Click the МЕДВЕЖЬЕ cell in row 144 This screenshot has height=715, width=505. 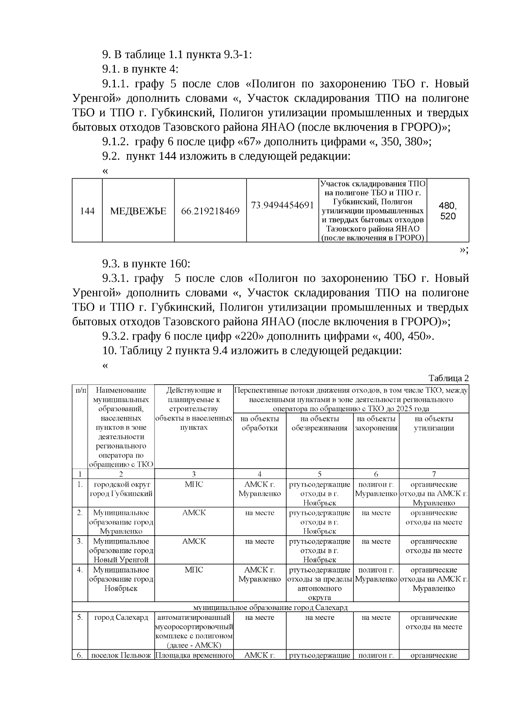[x=138, y=211]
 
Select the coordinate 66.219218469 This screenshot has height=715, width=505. [x=210, y=211]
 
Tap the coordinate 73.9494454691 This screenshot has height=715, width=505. [x=282, y=205]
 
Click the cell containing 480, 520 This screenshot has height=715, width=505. [x=447, y=211]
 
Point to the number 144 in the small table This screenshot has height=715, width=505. [x=87, y=211]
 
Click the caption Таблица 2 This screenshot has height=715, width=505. [x=448, y=378]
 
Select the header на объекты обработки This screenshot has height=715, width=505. [x=260, y=423]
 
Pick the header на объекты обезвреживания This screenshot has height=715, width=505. [x=319, y=423]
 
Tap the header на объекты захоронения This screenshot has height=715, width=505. [x=376, y=423]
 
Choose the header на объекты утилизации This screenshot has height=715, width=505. [x=434, y=423]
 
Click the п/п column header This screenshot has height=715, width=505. [x=80, y=391]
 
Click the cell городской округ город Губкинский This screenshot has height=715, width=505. [x=121, y=489]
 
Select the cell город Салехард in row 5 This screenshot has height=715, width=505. [x=121, y=618]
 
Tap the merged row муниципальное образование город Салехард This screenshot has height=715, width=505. [x=270, y=608]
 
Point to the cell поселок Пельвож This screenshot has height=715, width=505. [x=121, y=656]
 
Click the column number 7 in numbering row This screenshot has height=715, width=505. [x=434, y=474]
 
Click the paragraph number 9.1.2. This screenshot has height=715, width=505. [x=115, y=142]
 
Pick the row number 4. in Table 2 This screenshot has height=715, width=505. [x=80, y=570]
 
